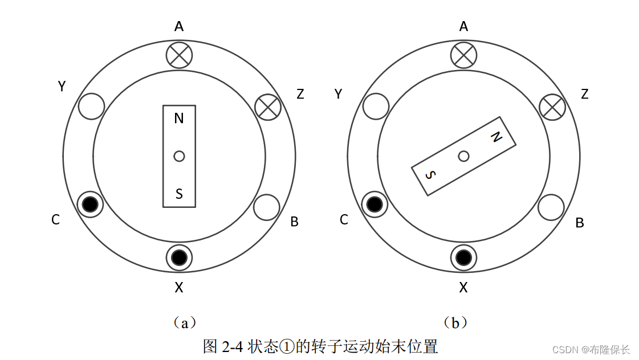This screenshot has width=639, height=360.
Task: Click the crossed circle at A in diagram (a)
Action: click(x=179, y=55)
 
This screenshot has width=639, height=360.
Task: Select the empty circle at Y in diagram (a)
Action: click(x=91, y=106)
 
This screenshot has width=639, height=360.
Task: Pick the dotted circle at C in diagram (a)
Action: click(x=90, y=204)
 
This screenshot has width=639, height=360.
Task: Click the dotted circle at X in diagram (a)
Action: click(x=179, y=257)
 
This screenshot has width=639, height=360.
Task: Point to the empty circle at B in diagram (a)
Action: click(x=267, y=207)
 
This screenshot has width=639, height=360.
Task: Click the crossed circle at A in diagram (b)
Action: click(x=463, y=55)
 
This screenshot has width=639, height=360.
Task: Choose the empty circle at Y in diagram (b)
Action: click(x=376, y=106)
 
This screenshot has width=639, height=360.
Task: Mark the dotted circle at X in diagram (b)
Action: click(x=464, y=257)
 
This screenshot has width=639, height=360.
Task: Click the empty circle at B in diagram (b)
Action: click(x=551, y=207)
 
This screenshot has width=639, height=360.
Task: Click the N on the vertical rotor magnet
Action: click(x=179, y=118)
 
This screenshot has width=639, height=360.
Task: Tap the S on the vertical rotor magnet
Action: click(x=179, y=194)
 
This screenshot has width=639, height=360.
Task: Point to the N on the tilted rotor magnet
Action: click(x=496, y=136)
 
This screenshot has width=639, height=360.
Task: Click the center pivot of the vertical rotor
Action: click(x=179, y=156)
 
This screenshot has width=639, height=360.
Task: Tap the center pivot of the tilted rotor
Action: click(x=464, y=156)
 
